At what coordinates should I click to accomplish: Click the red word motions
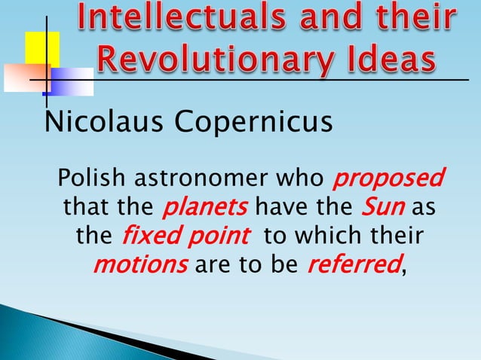[141, 264]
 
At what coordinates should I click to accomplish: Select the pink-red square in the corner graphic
[25, 77]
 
